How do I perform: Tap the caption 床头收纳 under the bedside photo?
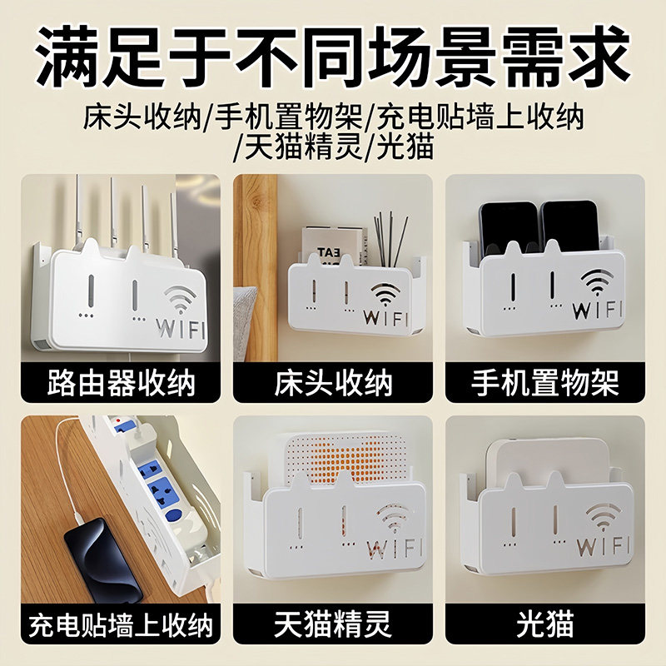tap(333, 384)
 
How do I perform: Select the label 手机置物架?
tap(545, 384)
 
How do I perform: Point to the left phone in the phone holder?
tap(509, 226)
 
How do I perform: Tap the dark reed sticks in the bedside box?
tap(390, 233)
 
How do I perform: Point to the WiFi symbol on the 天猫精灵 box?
tap(392, 520)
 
